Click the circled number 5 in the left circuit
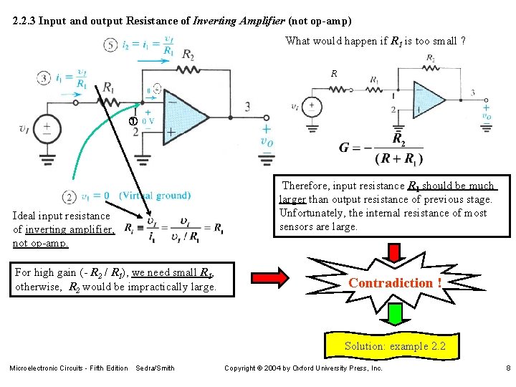click(110, 44)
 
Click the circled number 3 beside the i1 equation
click(44, 77)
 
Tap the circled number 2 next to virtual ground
click(70, 196)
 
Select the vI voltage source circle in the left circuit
click(48, 128)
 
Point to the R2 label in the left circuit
click(188, 54)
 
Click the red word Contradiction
click(395, 282)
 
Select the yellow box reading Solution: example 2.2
click(395, 346)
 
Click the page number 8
click(507, 368)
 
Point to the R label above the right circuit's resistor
click(334, 74)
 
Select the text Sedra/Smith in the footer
click(155, 368)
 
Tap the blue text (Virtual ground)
click(155, 196)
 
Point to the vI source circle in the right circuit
click(313, 105)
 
